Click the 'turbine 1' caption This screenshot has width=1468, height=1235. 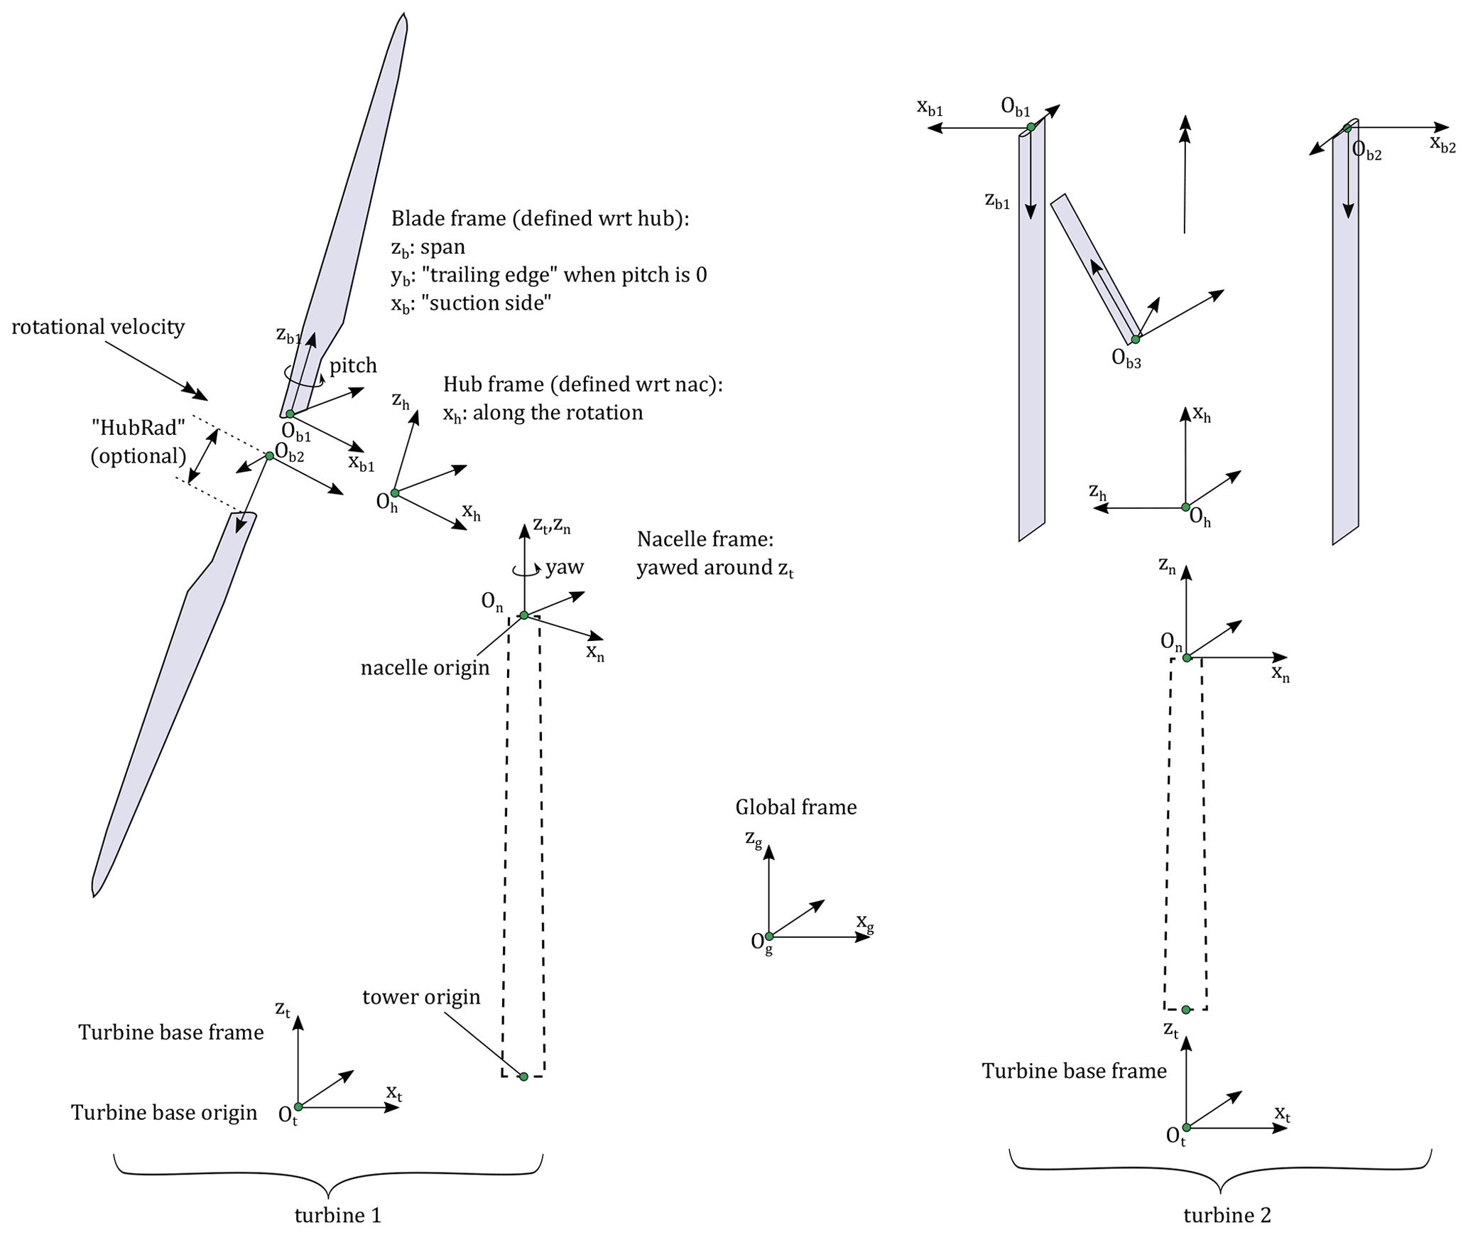pos(338,1215)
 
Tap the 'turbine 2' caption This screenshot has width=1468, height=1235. pos(1227,1215)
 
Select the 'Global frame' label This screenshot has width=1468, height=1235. pos(795,807)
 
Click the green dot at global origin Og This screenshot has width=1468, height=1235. pos(769,937)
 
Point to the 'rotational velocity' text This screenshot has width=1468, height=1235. pos(98,327)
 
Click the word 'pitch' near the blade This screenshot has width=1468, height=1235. pos(353,366)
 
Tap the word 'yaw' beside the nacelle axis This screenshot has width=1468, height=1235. pos(565,567)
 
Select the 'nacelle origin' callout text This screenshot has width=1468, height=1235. pos(425,668)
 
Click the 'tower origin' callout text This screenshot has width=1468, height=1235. pos(421,997)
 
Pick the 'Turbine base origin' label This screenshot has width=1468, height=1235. pos(164,1113)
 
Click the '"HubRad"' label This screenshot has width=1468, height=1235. pos(138,428)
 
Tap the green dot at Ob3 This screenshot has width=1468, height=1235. pos(1135,340)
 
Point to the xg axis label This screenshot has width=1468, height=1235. pos(864,922)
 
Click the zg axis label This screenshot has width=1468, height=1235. pos(754,838)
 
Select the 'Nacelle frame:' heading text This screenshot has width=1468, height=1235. pos(705,539)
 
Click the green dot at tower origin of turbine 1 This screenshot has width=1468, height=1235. pos(523,1077)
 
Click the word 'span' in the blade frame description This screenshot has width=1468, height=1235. pos(442,247)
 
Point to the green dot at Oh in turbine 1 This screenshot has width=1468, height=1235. pos(395,492)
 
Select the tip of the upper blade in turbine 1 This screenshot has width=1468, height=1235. pos(404,16)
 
